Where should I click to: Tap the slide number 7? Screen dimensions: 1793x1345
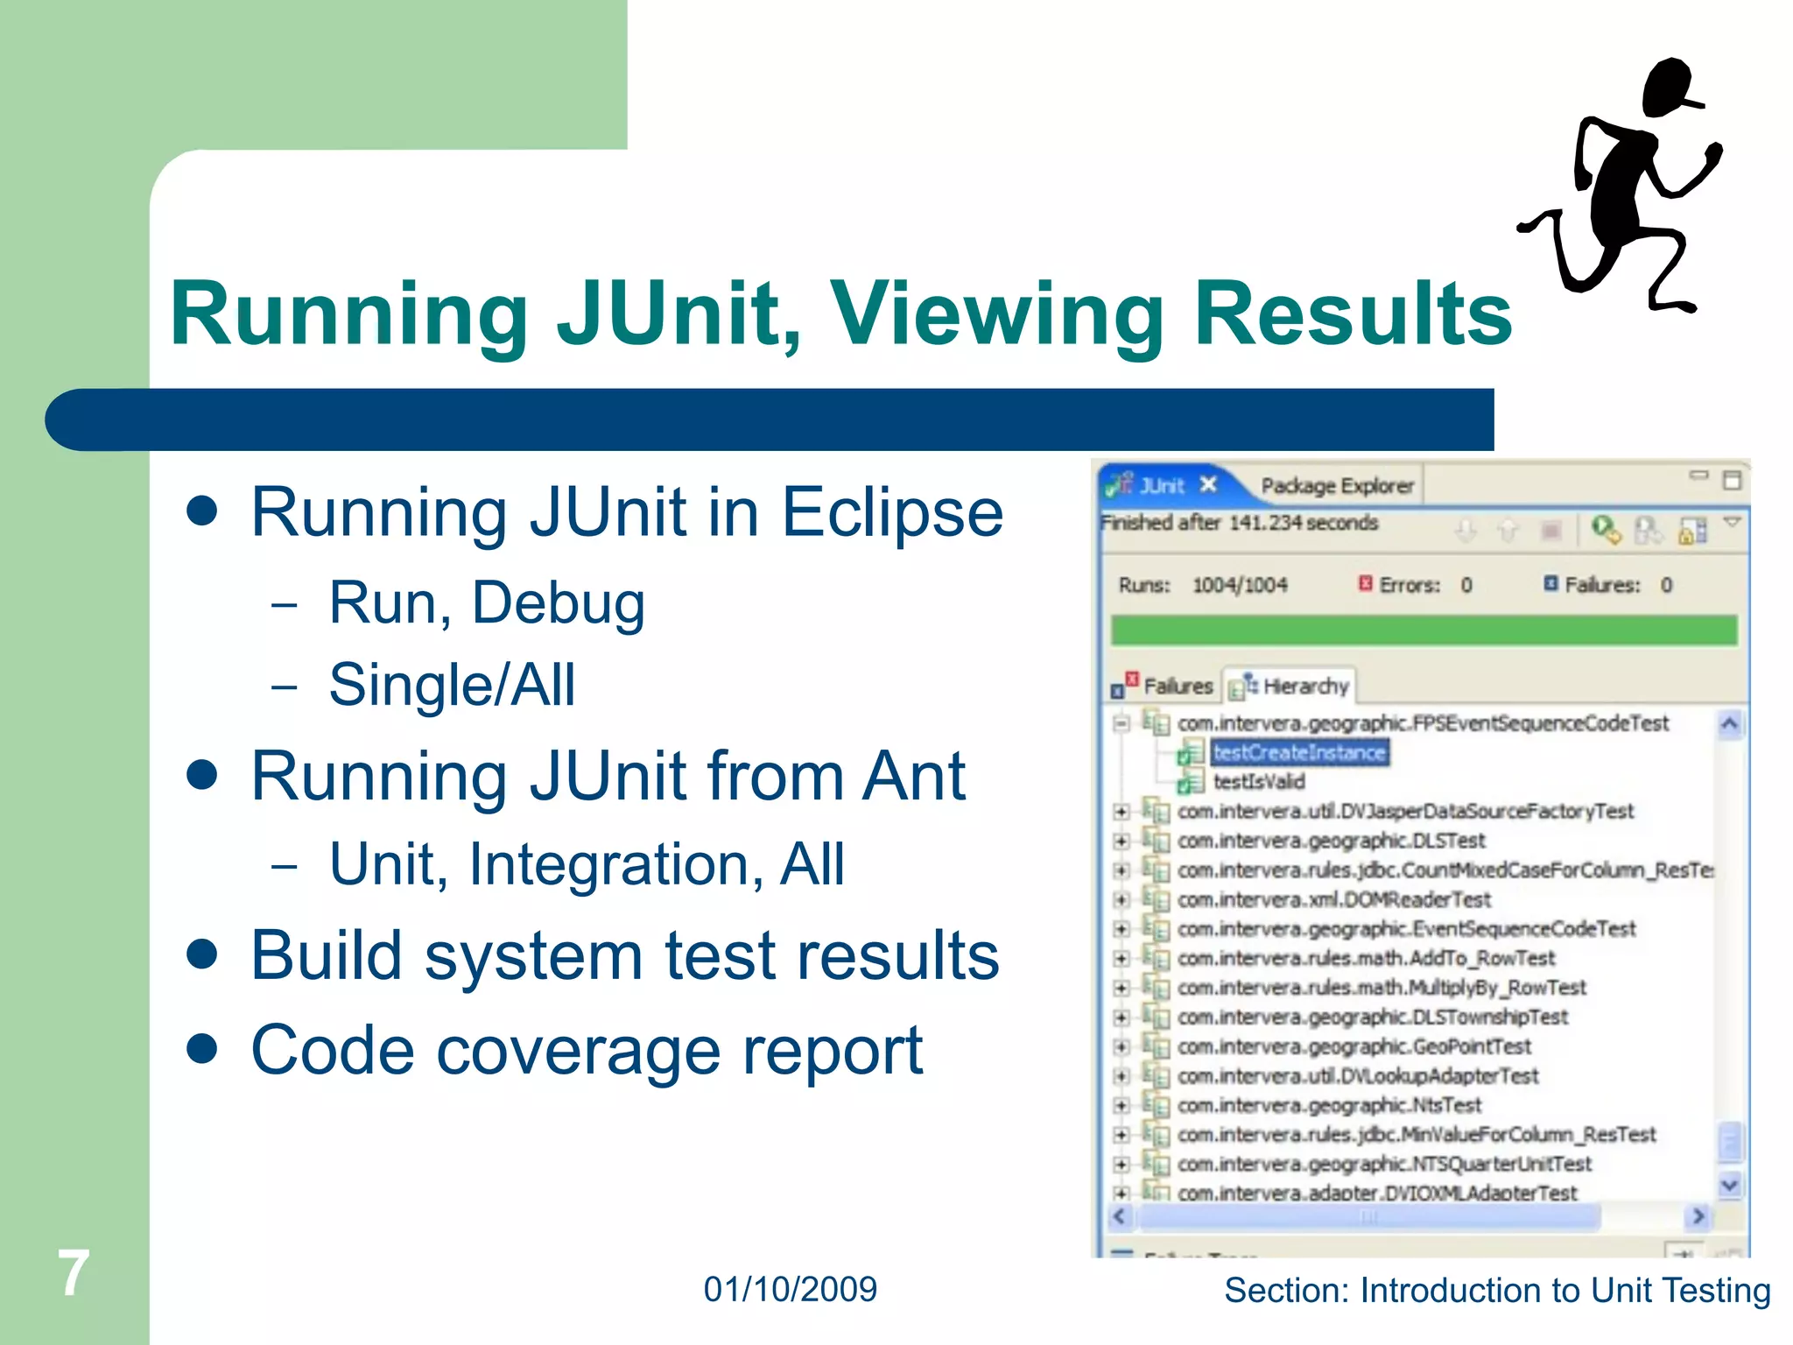tap(74, 1273)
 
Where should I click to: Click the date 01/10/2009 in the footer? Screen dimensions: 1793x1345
tap(790, 1290)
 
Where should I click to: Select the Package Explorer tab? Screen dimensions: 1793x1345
tap(1337, 486)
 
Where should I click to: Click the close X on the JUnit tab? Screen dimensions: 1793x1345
tap(1208, 484)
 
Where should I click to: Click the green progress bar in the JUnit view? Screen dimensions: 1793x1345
tap(1424, 630)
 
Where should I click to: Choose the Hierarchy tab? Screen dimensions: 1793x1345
tap(1304, 687)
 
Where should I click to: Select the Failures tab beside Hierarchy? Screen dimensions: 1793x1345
tap(1177, 687)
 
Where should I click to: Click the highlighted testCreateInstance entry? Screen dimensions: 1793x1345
tap(1299, 752)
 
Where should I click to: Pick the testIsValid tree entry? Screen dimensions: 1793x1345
tap(1258, 781)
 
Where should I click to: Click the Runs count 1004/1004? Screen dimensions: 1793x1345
tap(1240, 585)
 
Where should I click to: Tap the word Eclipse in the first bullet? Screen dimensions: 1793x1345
tap(892, 513)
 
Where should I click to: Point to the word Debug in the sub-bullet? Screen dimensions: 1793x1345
tap(559, 604)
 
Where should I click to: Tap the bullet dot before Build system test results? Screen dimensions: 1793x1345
tap(202, 954)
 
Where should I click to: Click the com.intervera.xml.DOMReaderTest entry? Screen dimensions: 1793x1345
tap(1333, 899)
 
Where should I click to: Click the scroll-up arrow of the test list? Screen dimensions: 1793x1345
tap(1729, 724)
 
